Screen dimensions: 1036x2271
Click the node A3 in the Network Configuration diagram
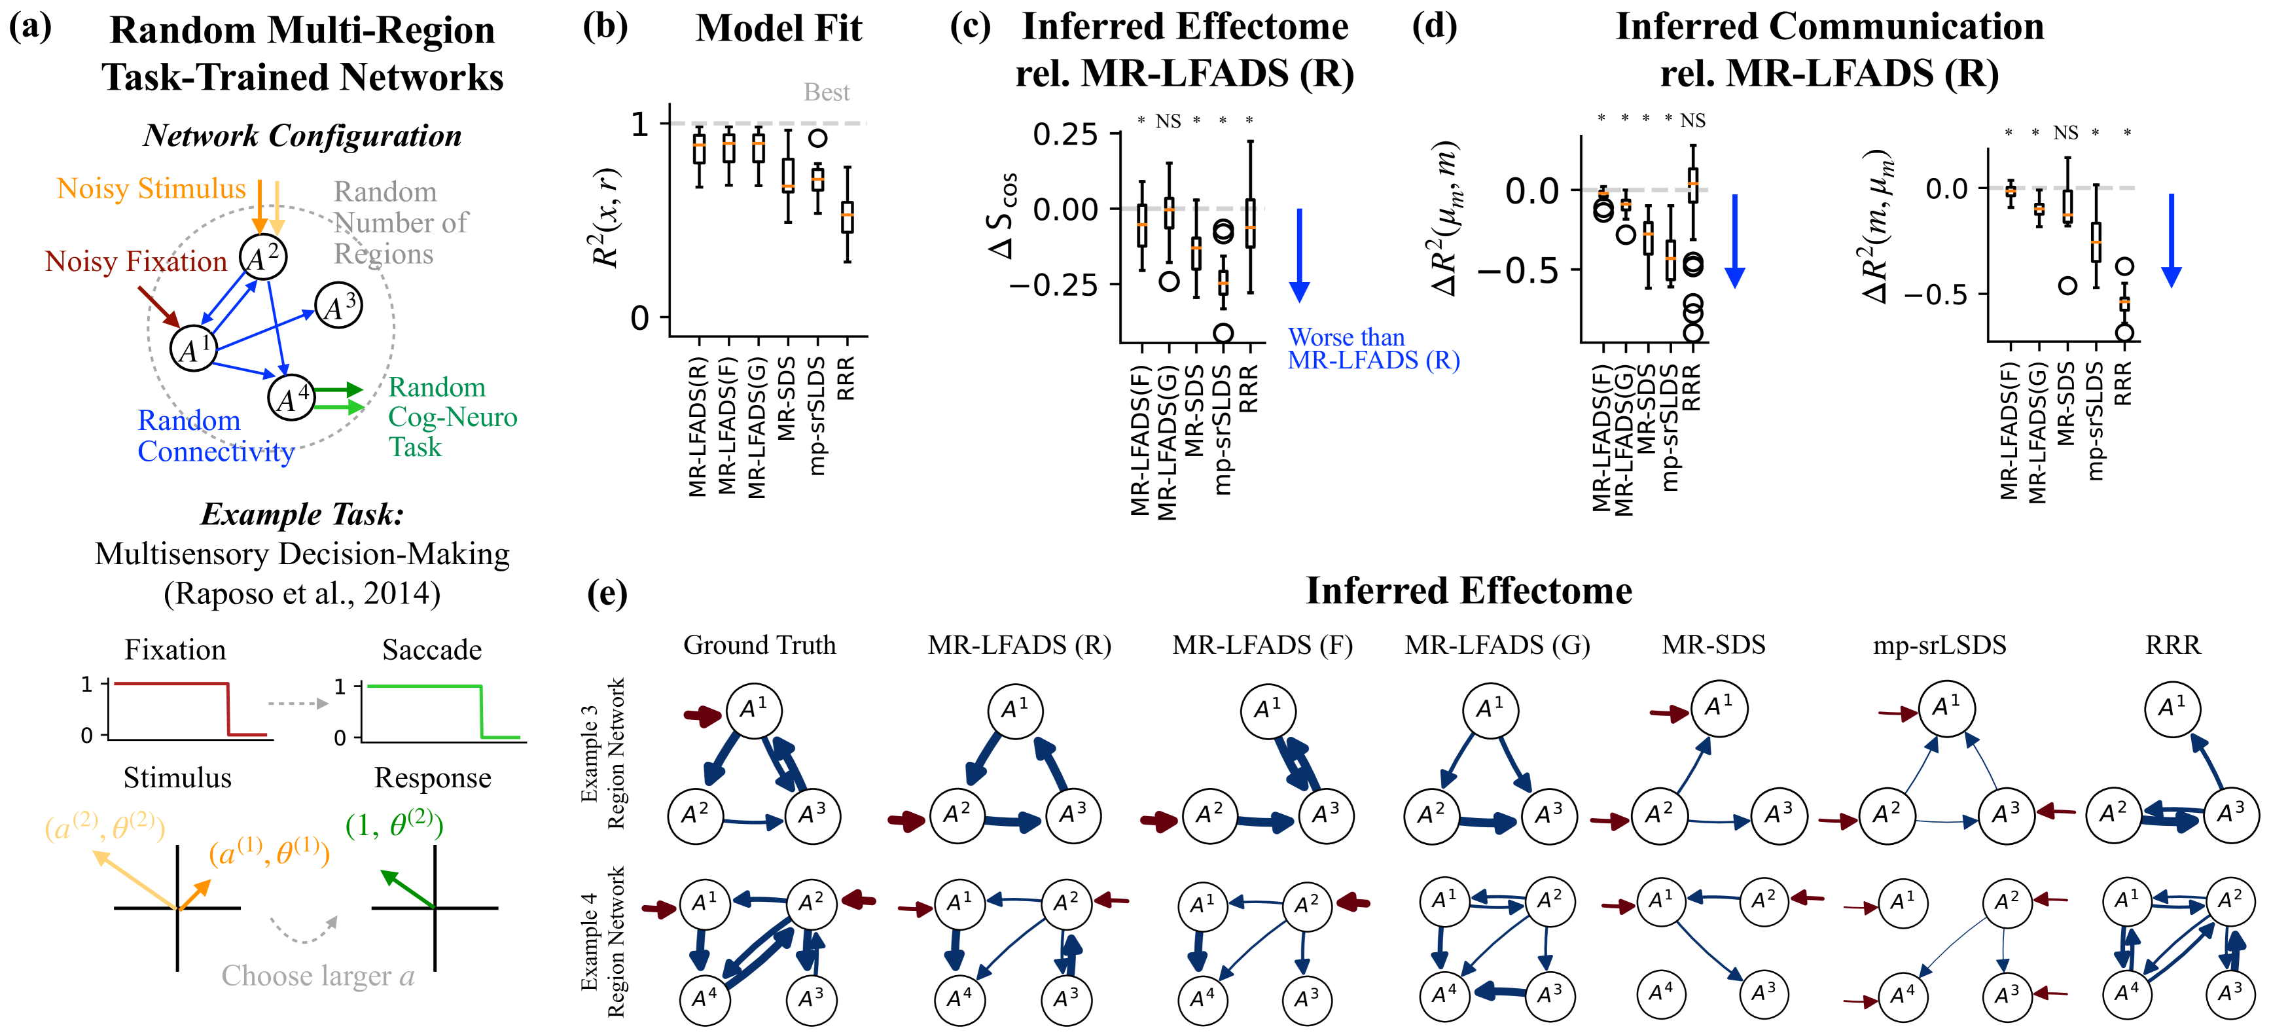tap(338, 306)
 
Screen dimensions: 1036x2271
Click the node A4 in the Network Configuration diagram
tap(292, 398)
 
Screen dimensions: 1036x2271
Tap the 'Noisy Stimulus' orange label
tap(151, 188)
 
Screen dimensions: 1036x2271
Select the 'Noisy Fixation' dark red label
tap(135, 262)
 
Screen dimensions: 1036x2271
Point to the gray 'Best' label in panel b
tap(826, 92)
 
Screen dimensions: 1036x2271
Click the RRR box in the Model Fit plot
tap(848, 217)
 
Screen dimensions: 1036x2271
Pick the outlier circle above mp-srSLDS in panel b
tap(818, 137)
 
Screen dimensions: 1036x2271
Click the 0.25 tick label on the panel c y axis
tap(1065, 135)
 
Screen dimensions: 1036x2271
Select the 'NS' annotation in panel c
tap(1168, 121)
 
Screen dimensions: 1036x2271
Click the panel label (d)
tap(1435, 26)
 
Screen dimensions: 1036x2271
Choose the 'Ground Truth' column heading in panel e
tap(759, 645)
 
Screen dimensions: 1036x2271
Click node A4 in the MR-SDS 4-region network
tap(1662, 993)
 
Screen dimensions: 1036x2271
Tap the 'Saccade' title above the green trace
tap(432, 650)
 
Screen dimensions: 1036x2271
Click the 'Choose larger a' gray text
tap(317, 976)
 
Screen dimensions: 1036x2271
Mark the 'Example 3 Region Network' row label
tap(602, 754)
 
